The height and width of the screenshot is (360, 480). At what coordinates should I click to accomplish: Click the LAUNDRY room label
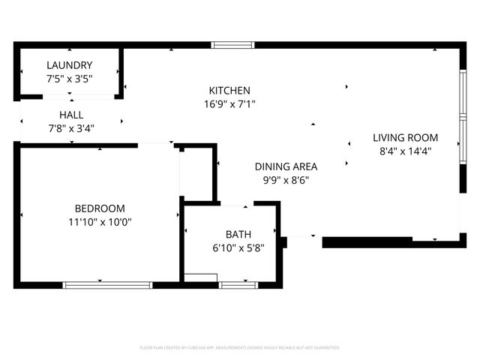click(69, 65)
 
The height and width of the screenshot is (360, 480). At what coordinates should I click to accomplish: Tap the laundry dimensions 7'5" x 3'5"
click(69, 78)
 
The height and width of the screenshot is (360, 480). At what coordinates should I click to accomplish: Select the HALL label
click(71, 115)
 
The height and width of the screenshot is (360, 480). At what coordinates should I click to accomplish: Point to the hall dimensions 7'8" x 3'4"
click(71, 127)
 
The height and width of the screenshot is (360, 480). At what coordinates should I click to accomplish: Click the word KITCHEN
click(229, 90)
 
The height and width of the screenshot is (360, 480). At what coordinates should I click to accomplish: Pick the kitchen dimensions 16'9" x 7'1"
click(229, 104)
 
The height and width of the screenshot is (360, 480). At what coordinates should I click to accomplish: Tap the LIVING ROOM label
click(406, 137)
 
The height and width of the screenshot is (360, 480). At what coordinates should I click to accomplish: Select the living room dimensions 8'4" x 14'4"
click(406, 151)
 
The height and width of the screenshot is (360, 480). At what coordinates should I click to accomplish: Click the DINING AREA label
click(286, 166)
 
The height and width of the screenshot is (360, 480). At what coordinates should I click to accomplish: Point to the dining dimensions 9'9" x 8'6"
click(286, 180)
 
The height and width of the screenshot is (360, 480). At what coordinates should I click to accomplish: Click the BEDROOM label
click(100, 208)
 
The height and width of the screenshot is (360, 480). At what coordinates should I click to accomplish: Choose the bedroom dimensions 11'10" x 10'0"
click(100, 222)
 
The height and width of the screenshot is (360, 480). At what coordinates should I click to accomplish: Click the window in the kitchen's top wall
click(233, 45)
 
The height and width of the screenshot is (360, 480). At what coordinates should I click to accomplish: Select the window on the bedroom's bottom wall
click(107, 285)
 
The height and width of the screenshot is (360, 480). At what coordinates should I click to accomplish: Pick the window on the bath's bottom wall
click(238, 285)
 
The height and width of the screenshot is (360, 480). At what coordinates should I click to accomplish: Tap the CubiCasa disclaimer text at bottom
click(240, 348)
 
